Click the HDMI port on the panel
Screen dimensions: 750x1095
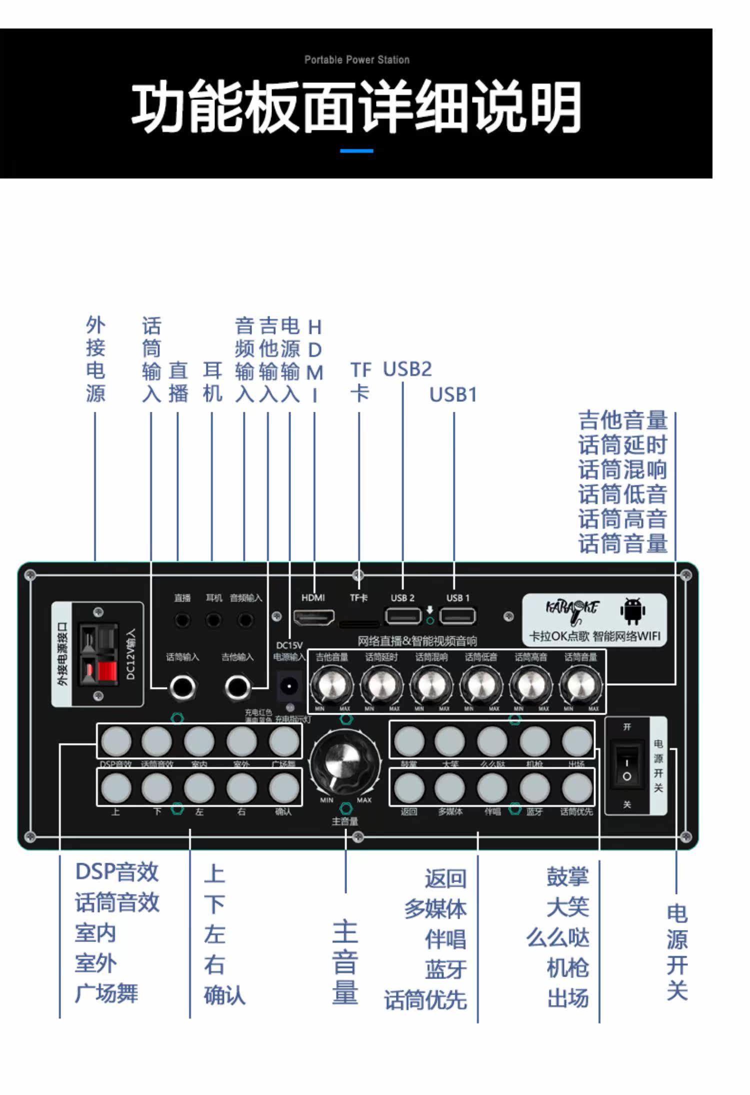pos(313,618)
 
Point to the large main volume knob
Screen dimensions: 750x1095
pos(345,763)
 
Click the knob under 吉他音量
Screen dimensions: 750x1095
pos(331,686)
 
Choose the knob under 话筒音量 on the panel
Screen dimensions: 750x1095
pos(580,686)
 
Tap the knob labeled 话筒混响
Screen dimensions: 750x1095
pos(431,686)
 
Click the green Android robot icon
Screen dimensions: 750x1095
pos(632,611)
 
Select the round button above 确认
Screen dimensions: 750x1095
pos(283,788)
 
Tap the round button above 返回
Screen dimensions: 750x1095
pos(409,788)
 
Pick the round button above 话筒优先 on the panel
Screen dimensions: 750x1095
pos(576,788)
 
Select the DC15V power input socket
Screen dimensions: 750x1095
pos(289,687)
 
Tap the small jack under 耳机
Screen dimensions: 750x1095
pos(213,620)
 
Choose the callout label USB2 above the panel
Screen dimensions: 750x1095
pos(407,369)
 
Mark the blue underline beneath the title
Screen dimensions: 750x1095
pos(356,150)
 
